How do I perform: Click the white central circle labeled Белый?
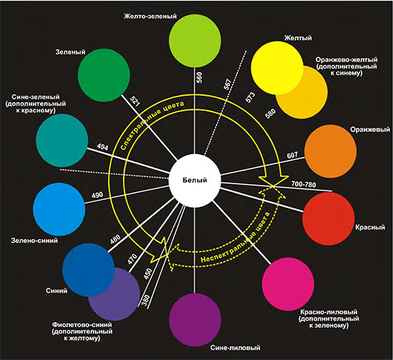pyautogui.click(x=195, y=181)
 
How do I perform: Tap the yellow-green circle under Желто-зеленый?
pyautogui.click(x=195, y=41)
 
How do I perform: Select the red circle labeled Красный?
pyautogui.click(x=329, y=219)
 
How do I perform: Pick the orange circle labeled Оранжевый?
pyautogui.click(x=331, y=152)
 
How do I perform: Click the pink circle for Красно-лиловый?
pyautogui.click(x=288, y=284)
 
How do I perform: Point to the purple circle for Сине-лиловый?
pyautogui.click(x=195, y=320)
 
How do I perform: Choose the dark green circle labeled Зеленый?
pyautogui.click(x=104, y=75)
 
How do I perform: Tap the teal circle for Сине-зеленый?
pyautogui.click(x=62, y=140)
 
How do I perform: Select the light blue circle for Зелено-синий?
pyautogui.click(x=59, y=209)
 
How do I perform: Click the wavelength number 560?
pyautogui.click(x=199, y=77)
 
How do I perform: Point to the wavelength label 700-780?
pyautogui.click(x=303, y=184)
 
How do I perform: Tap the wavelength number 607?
pyautogui.click(x=292, y=156)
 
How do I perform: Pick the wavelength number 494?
pyautogui.click(x=102, y=147)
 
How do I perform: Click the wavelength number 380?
pyautogui.click(x=146, y=300)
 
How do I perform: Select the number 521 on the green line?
pyautogui.click(x=135, y=101)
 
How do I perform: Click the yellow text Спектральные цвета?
pyautogui.click(x=152, y=125)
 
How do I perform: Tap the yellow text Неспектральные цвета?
pyautogui.click(x=235, y=238)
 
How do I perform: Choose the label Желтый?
pyautogui.click(x=298, y=38)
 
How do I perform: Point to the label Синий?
pyautogui.click(x=56, y=291)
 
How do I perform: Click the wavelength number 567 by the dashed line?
pyautogui.click(x=227, y=84)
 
